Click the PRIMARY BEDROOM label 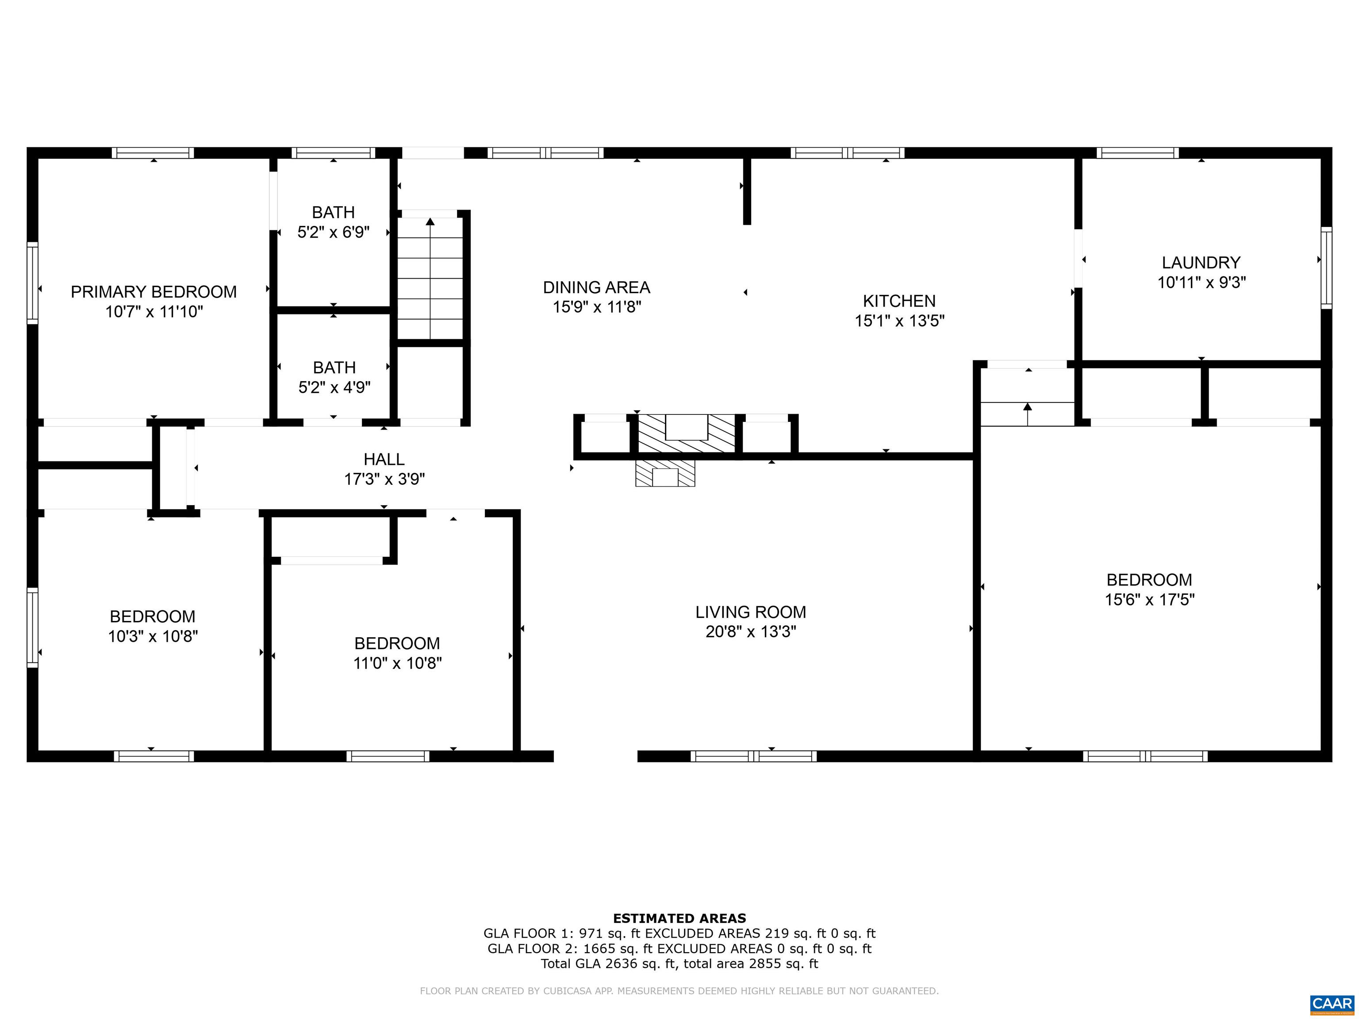click(154, 292)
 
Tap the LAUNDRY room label click(1201, 263)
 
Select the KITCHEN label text click(899, 301)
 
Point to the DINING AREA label click(597, 287)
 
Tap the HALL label click(384, 460)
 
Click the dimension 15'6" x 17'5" click(1149, 599)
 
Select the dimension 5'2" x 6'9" click(334, 232)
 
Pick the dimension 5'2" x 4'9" click(334, 387)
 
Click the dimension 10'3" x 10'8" click(153, 636)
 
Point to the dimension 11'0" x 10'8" click(398, 663)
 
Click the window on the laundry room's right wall click(1326, 268)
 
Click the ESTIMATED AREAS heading click(679, 918)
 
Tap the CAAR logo click(1332, 1004)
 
